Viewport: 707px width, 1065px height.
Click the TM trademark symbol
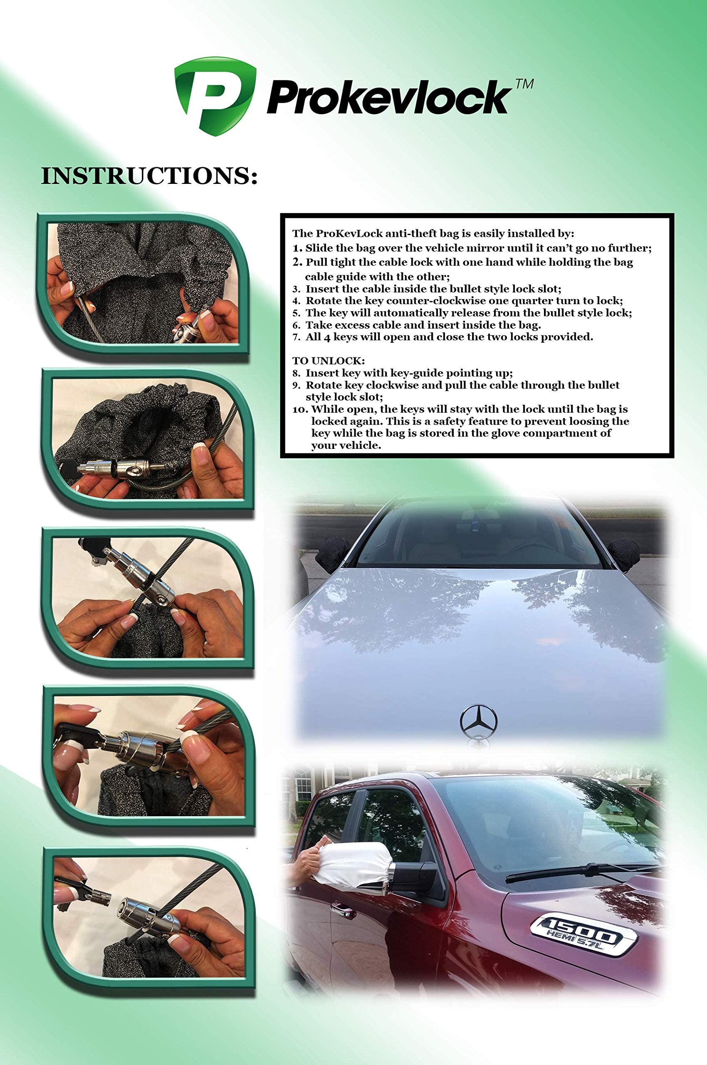point(524,84)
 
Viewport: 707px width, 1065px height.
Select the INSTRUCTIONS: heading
point(149,176)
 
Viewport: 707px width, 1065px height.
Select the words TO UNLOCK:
point(328,361)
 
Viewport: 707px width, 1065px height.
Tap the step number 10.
point(300,410)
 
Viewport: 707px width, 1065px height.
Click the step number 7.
point(296,337)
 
